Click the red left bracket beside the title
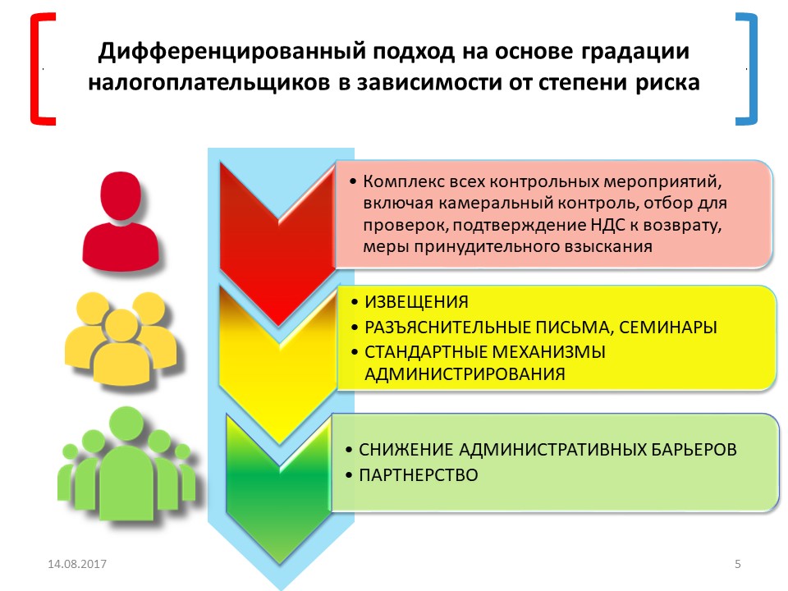point(33,69)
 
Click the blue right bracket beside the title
point(754,69)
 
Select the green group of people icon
point(126,465)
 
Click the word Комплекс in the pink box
point(404,181)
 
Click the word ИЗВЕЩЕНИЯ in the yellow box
point(416,302)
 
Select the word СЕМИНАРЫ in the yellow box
point(668,328)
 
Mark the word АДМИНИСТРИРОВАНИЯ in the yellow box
point(465,374)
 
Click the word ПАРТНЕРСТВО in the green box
point(418,475)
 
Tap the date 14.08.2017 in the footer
point(77,564)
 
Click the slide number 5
point(738,564)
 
